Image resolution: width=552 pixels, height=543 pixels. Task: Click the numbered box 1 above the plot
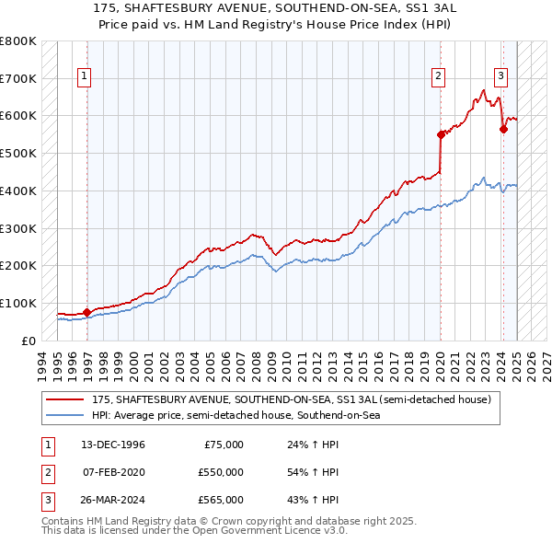[84, 76]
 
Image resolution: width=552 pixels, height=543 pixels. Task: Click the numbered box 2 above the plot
[439, 76]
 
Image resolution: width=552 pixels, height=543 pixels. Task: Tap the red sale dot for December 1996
[86, 312]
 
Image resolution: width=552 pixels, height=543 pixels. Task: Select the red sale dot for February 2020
[441, 134]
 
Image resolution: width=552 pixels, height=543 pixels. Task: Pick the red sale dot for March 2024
[503, 129]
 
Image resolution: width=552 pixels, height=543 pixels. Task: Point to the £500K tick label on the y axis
[18, 153]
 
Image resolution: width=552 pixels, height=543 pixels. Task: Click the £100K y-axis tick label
[18, 303]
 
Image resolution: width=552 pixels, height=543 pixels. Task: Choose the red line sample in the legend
[65, 399]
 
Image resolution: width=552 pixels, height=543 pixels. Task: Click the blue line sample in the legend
[65, 415]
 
